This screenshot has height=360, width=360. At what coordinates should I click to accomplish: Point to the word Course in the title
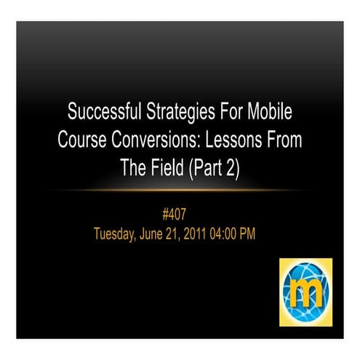(x=83, y=140)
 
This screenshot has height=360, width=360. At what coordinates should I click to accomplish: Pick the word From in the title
(x=284, y=140)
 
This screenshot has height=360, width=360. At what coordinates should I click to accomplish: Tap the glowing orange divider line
(x=180, y=191)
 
